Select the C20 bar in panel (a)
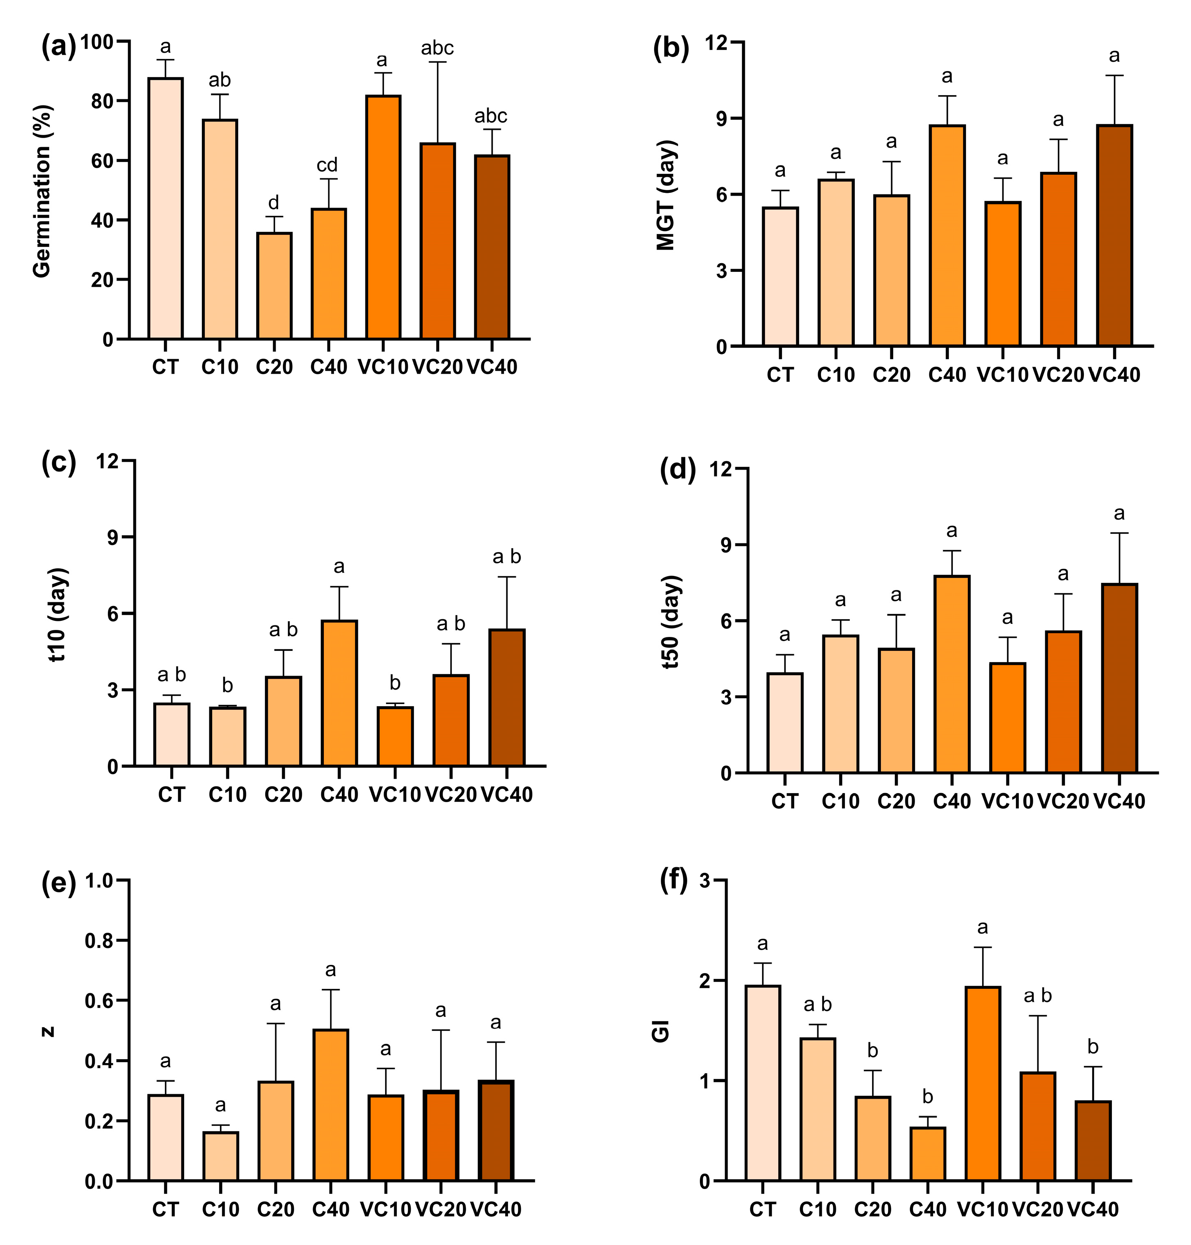(274, 286)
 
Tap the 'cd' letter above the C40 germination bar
(327, 166)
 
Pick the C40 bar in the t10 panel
(339, 693)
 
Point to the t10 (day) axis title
(58, 615)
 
